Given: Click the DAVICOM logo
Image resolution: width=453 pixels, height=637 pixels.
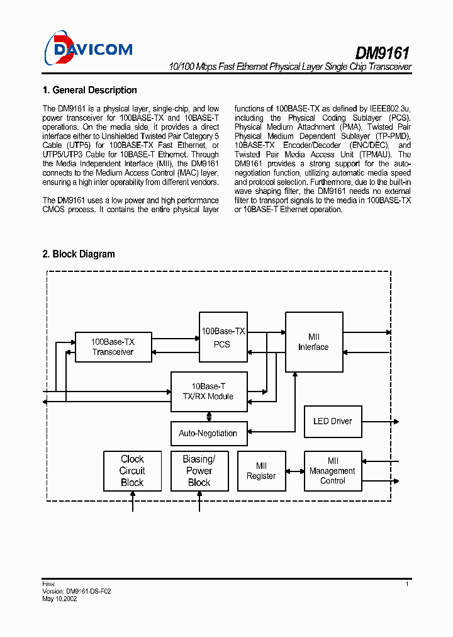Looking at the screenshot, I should [87, 48].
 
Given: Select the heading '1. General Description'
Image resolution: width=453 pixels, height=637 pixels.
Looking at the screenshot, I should [89, 90].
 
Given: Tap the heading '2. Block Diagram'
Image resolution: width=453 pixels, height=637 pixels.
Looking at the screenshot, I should [79, 254].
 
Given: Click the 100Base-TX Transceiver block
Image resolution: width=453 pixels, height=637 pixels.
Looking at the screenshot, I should [113, 347].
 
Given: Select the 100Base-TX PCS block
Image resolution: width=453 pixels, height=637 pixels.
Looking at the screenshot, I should [223, 337].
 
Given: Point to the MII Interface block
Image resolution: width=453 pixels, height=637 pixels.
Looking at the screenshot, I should [313, 342].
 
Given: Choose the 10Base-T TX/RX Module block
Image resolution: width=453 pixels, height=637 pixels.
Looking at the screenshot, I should [210, 392].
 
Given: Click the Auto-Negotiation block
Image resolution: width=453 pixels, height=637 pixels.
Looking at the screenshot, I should [208, 433].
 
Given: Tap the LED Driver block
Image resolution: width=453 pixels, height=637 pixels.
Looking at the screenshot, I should [333, 421].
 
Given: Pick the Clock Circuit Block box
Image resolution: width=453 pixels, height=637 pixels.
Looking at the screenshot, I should [132, 471].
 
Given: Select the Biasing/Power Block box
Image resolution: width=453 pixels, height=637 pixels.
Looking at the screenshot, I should [199, 471].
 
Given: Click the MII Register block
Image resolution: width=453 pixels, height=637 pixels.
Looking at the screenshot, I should [261, 471].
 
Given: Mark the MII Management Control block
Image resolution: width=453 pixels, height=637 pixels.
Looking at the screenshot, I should [333, 471].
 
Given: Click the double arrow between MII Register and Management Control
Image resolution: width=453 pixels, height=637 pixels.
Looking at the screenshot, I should [295, 471].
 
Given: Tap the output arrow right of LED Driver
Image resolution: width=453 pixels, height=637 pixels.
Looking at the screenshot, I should [379, 421].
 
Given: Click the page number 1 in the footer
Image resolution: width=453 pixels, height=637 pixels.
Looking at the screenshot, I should [407, 585].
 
